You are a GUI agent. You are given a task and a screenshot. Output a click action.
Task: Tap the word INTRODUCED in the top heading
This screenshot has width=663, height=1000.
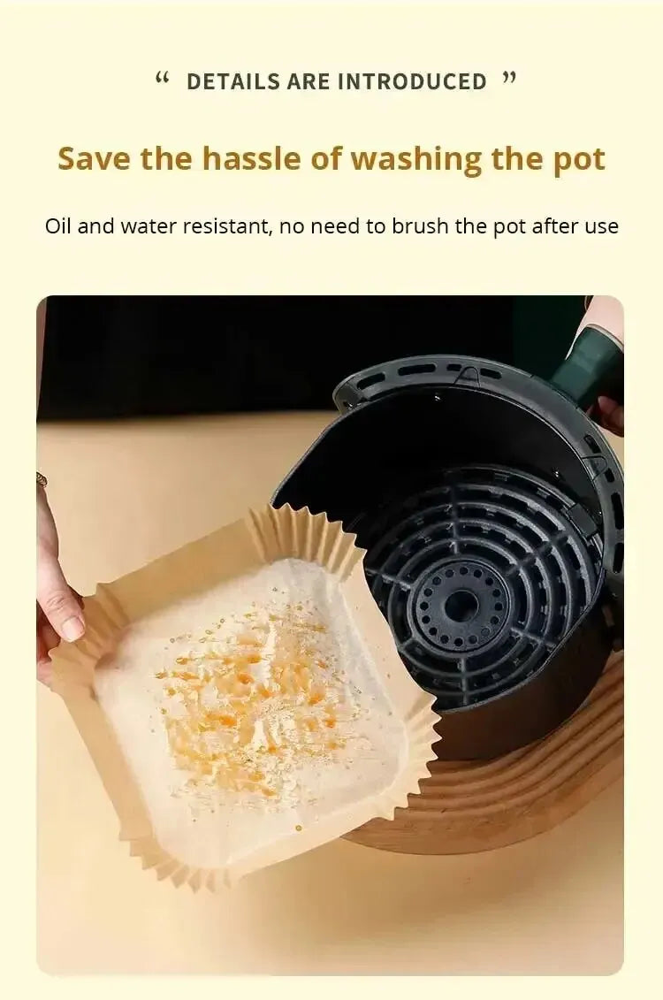pyautogui.click(x=412, y=82)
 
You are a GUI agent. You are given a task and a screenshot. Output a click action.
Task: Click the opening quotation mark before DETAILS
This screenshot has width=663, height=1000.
pyautogui.click(x=161, y=79)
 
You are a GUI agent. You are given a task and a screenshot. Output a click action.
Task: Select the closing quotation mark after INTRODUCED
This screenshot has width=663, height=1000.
pyautogui.click(x=508, y=79)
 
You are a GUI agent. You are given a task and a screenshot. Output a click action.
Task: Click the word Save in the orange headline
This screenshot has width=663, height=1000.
pyautogui.click(x=95, y=159)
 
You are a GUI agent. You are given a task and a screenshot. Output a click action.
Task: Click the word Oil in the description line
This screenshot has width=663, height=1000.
pyautogui.click(x=57, y=226)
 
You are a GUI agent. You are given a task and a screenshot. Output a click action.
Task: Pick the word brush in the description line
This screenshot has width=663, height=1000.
pyautogui.click(x=420, y=226)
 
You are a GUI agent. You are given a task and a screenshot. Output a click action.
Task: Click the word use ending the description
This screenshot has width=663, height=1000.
pyautogui.click(x=601, y=226)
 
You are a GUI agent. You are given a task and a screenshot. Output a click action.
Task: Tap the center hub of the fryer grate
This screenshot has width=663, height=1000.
pyautogui.click(x=460, y=607)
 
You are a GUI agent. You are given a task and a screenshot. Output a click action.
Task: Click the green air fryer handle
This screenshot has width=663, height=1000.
pyautogui.click(x=587, y=367)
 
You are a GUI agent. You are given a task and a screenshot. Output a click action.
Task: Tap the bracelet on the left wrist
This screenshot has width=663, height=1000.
pyautogui.click(x=42, y=480)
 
